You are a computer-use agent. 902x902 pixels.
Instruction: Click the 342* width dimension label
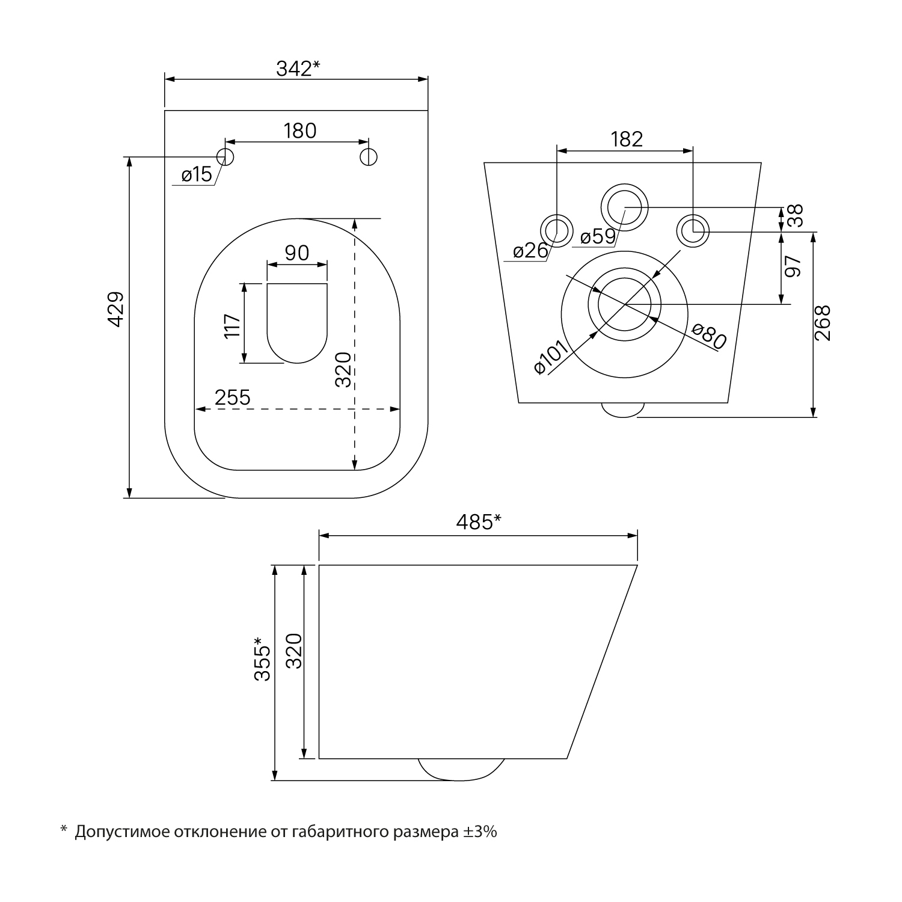pyautogui.click(x=298, y=69)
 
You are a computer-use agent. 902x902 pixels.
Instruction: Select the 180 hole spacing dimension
pyautogui.click(x=299, y=130)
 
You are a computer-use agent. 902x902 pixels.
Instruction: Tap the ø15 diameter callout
pyautogui.click(x=197, y=175)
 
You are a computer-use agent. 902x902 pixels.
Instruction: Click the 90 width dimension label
pyautogui.click(x=297, y=253)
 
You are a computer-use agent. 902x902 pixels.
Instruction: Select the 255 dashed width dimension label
pyautogui.click(x=232, y=397)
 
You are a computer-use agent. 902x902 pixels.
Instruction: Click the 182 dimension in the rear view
pyautogui.click(x=627, y=139)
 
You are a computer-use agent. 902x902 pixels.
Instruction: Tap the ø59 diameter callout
pyautogui.click(x=598, y=236)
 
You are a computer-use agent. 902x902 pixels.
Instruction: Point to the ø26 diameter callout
pyautogui.click(x=531, y=250)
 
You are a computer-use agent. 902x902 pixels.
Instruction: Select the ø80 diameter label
pyautogui.click(x=709, y=336)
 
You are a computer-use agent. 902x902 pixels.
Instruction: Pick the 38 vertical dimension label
pyautogui.click(x=794, y=216)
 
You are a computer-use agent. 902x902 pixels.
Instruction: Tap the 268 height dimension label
pyautogui.click(x=822, y=323)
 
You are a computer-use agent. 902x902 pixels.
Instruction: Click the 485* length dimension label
pyautogui.click(x=478, y=523)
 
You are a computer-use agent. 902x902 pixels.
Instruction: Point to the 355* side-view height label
pyautogui.click(x=262, y=659)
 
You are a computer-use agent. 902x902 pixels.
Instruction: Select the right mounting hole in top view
pyautogui.click(x=369, y=156)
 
